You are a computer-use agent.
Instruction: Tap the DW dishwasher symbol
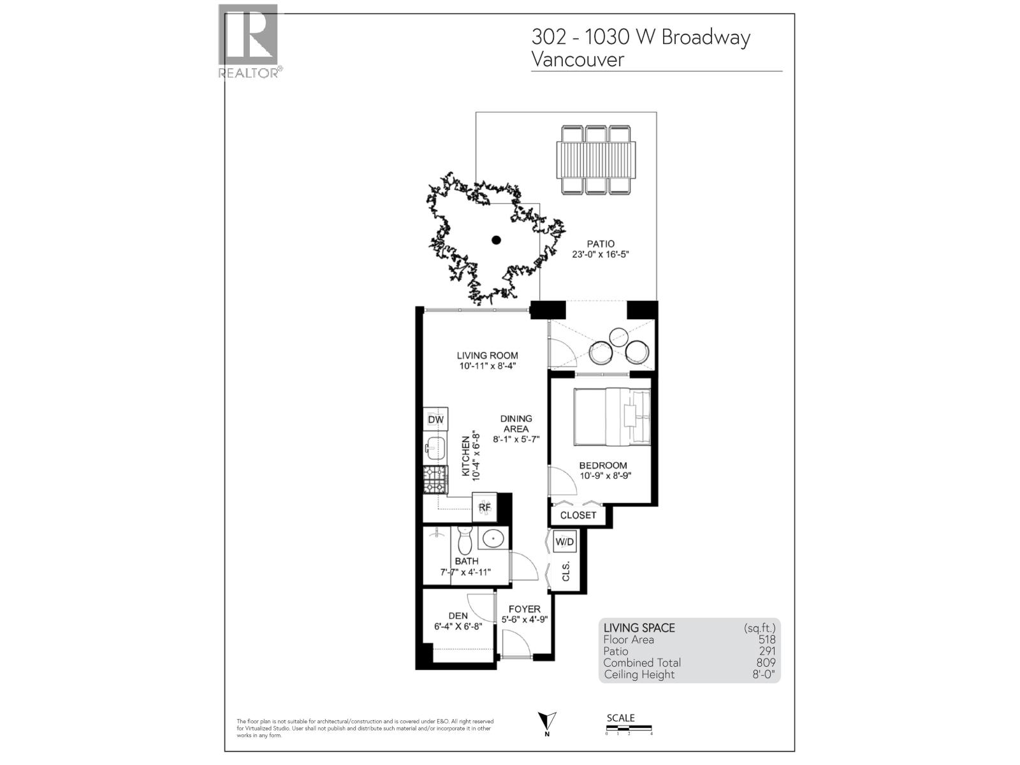pos(435,420)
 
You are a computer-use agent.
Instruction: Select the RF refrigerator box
pos(484,507)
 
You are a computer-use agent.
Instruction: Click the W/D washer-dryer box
pos(565,542)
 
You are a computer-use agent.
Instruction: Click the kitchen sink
pos(435,449)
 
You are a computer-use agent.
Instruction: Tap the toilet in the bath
pos(464,541)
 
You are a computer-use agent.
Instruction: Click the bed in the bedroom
pos(611,416)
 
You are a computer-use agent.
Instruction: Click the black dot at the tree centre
pos(496,240)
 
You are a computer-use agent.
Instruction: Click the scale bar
pos(629,728)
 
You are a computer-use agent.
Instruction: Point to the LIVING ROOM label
pos(487,356)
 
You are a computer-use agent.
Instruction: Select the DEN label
pos(458,616)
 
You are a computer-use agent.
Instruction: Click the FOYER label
pos(524,609)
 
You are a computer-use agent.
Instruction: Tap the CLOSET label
pos(578,515)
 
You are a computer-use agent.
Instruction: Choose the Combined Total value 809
pos(766,663)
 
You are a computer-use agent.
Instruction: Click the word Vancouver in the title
pos(578,59)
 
